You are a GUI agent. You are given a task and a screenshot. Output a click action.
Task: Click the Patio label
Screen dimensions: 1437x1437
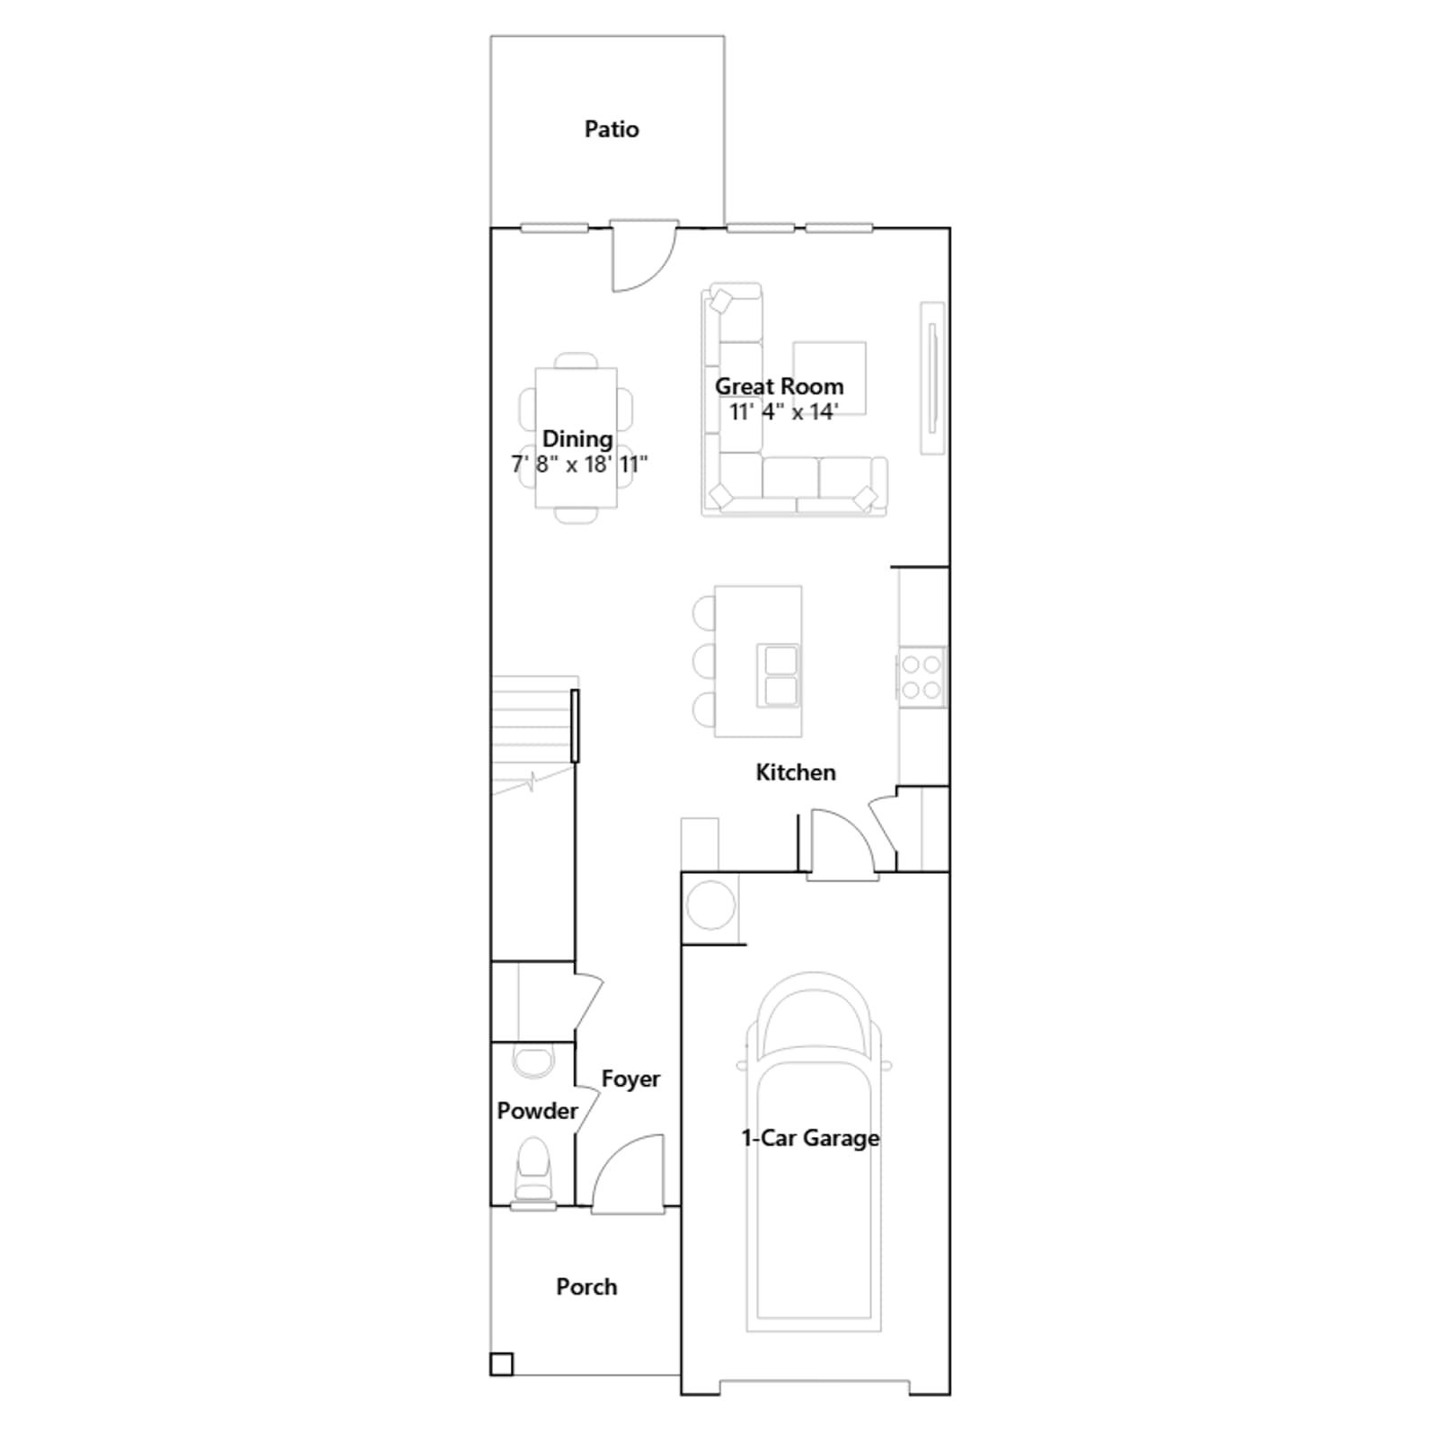click(612, 129)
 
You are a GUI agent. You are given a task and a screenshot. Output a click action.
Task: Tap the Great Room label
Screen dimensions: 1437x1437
click(779, 386)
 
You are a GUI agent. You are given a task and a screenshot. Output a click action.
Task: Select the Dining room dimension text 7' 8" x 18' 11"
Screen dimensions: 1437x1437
click(579, 464)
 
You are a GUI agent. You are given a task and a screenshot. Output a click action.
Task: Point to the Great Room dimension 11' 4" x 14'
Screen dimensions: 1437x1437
click(783, 411)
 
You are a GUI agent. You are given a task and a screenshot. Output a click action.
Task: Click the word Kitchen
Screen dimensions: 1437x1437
click(796, 772)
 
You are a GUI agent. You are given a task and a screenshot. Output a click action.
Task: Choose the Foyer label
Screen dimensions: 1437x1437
click(630, 1079)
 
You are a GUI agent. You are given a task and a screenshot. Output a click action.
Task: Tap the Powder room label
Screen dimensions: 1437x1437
click(537, 1111)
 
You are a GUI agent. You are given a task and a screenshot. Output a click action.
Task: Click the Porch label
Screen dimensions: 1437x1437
click(586, 1287)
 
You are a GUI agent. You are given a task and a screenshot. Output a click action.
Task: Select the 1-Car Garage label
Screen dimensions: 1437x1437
click(810, 1138)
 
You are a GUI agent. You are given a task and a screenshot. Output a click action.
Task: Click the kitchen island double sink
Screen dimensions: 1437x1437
click(778, 675)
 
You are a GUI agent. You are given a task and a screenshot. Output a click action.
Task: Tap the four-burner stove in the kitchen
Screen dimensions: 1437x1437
click(921, 677)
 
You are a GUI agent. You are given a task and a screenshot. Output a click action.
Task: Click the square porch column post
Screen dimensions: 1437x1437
click(501, 1364)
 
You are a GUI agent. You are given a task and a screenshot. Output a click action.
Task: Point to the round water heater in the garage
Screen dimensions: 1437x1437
click(710, 905)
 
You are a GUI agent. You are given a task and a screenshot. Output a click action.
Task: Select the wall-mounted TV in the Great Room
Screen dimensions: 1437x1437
click(933, 378)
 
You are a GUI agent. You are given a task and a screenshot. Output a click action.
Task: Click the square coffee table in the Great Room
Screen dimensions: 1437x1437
click(829, 378)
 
